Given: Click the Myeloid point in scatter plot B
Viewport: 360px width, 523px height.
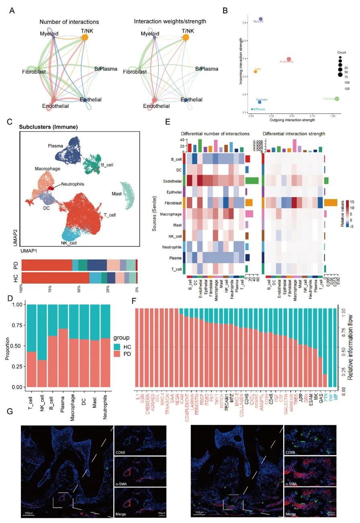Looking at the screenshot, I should click(261, 19).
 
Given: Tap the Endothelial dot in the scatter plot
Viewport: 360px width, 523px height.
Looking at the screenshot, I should click(288, 59).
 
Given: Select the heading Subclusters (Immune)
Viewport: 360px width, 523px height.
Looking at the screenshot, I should click(48, 127).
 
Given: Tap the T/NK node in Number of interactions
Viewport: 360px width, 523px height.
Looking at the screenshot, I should click(85, 37).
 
